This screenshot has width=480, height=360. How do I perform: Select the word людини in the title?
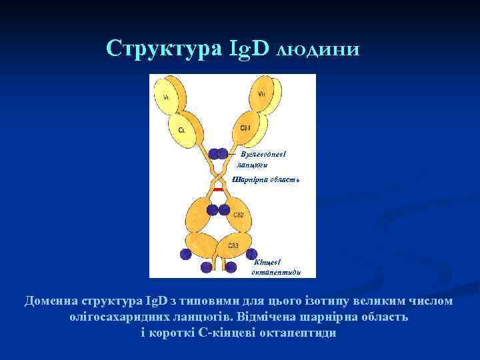point(318,49)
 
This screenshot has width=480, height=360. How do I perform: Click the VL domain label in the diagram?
point(166,97)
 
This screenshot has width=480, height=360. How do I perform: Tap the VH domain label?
point(261,95)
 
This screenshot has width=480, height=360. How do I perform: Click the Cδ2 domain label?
point(239,214)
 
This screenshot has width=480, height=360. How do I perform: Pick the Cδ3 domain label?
point(233,245)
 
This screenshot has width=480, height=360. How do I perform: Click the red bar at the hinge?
point(218,189)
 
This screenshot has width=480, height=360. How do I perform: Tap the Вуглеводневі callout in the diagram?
point(263,155)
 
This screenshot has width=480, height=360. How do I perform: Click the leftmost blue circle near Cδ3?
point(185,254)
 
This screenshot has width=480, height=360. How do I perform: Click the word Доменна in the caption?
point(51,301)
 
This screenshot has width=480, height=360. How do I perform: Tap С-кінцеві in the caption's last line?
point(230,333)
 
